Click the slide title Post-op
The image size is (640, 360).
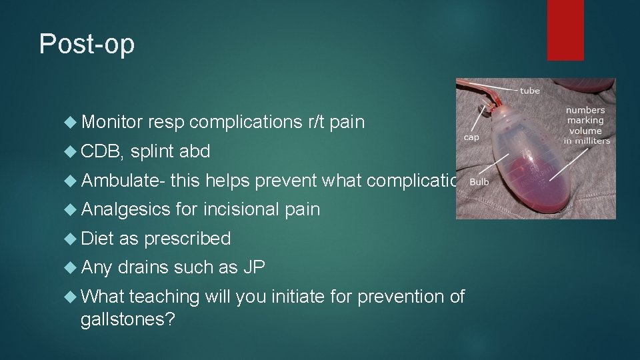click(x=87, y=44)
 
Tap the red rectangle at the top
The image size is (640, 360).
click(x=565, y=30)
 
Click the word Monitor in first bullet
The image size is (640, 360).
click(x=111, y=122)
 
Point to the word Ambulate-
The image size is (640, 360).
click(x=123, y=181)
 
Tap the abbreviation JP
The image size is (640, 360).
click(x=254, y=267)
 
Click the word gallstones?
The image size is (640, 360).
click(x=127, y=320)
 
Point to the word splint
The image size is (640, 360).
click(x=153, y=151)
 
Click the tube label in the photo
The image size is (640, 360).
click(x=530, y=90)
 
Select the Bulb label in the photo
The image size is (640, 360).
click(x=480, y=181)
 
